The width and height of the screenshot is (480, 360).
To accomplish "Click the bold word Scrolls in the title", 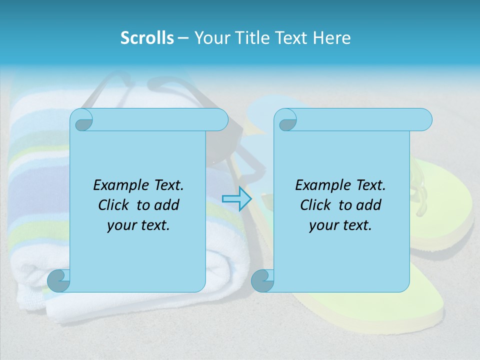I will pyautogui.click(x=147, y=37).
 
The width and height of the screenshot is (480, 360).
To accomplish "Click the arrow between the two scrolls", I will pyautogui.click(x=236, y=198).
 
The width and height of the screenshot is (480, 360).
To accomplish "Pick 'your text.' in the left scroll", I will pyautogui.click(x=138, y=225).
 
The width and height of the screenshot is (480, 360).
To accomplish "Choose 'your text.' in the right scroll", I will pyautogui.click(x=340, y=225).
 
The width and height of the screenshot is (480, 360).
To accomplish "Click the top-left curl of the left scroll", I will pyautogui.click(x=81, y=120).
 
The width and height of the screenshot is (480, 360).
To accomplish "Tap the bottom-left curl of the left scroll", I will pyautogui.click(x=59, y=280).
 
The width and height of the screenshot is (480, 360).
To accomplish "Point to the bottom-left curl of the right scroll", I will pyautogui.click(x=262, y=280).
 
